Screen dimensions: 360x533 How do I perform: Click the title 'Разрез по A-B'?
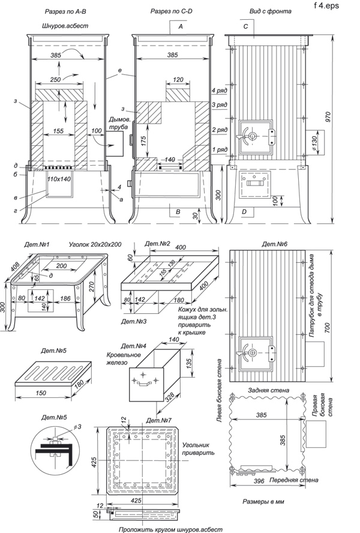pyautogui.click(x=65, y=11)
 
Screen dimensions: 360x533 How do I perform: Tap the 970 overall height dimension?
pyautogui.click(x=328, y=116)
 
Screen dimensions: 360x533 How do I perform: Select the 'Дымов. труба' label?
pyautogui.click(x=119, y=124)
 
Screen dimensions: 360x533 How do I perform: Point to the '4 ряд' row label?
pyautogui.click(x=219, y=91)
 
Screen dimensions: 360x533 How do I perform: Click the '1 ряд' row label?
pyautogui.click(x=219, y=149)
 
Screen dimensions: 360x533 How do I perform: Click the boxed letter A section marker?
pyautogui.click(x=181, y=26)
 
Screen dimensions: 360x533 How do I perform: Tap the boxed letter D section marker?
pyautogui.click(x=244, y=212)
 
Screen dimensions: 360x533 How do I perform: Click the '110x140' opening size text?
pyautogui.click(x=59, y=179)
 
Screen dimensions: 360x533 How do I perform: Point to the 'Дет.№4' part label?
pyautogui.click(x=133, y=346)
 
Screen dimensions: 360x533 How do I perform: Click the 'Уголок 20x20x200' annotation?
pyautogui.click(x=95, y=244)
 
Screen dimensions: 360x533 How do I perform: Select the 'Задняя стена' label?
pyautogui.click(x=269, y=390)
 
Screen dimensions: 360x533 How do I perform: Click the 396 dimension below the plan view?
pyautogui.click(x=260, y=481)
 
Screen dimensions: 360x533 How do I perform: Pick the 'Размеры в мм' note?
pyautogui.click(x=263, y=501)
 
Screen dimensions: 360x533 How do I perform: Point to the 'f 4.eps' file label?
pyautogui.click(x=326, y=5)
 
